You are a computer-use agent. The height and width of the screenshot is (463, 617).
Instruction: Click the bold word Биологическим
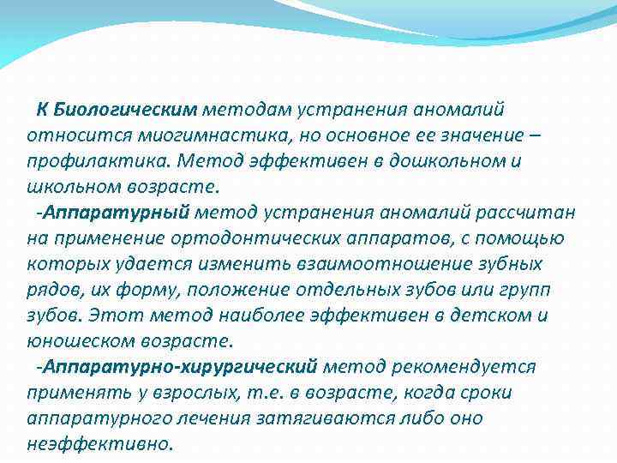pos(125,110)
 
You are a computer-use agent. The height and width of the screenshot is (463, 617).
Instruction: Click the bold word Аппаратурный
pos(120,213)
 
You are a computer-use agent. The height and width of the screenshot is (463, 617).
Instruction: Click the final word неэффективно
pos(99,444)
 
